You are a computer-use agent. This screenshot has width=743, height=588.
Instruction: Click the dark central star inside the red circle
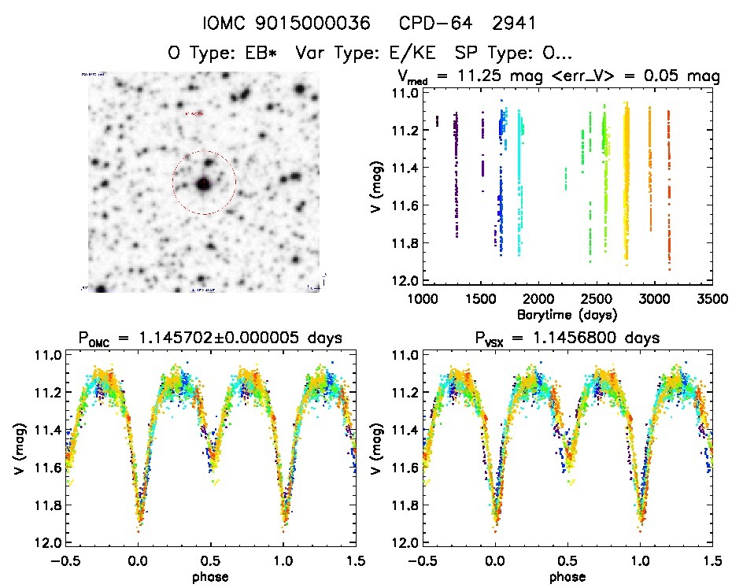tap(204, 184)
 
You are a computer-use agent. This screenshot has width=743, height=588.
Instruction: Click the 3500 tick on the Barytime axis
tap(712, 300)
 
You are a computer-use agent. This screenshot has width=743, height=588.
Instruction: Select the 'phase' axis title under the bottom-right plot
tap(567, 575)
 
